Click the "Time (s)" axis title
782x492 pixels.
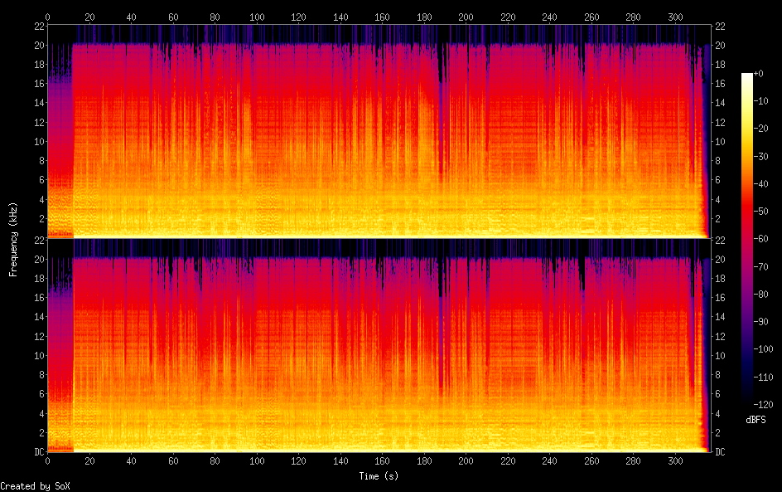(379, 476)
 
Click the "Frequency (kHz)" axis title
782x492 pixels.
(13, 239)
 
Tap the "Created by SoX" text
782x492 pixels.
(35, 486)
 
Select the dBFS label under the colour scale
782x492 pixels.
(755, 420)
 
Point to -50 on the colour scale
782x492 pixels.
(761, 212)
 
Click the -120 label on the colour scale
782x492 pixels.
(763, 404)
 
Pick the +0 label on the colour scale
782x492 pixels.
(759, 73)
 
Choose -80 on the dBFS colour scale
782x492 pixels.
(761, 295)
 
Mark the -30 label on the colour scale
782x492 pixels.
(761, 156)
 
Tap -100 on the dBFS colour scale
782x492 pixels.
(763, 349)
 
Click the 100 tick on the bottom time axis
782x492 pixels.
(257, 461)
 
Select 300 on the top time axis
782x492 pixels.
(675, 17)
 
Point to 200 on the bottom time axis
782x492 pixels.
(466, 461)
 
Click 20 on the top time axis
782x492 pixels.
(89, 17)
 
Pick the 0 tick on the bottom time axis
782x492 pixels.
(47, 461)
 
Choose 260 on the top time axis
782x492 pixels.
(591, 17)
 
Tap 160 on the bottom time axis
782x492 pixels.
(382, 461)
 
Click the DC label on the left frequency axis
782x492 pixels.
(40, 451)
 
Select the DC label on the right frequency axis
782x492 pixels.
(720, 452)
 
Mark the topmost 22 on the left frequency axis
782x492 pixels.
(40, 26)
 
